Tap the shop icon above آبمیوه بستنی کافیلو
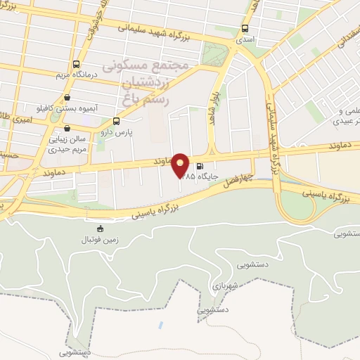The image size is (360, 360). point(67,98)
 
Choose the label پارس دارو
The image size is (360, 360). point(117,131)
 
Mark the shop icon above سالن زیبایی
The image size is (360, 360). point(67,129)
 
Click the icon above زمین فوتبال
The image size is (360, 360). point(99,228)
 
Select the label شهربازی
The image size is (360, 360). point(226,286)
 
